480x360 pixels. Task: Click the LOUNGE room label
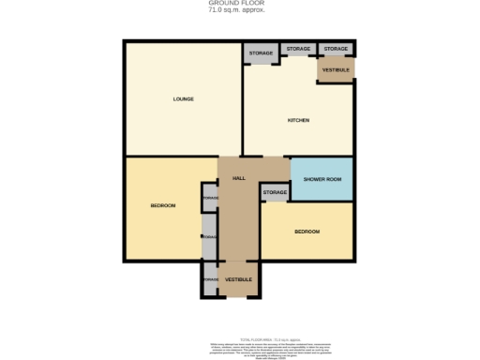pos(183,98)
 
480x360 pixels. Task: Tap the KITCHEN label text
pos(298,121)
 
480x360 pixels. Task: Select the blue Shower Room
pos(322,178)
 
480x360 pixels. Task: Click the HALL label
pos(238,177)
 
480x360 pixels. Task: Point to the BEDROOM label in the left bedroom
pos(163,205)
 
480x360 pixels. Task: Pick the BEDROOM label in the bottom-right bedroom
pos(307,232)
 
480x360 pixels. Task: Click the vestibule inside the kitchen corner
pos(336,70)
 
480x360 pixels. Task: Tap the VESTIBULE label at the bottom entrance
pos(238,279)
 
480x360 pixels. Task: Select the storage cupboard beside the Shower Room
pos(275,192)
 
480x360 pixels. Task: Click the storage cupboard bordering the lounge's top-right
pos(262,53)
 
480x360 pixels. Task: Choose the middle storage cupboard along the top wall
pos(298,49)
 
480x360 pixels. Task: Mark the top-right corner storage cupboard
pos(336,49)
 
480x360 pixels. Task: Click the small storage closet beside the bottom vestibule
pos(209,279)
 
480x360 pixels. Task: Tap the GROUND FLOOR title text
pos(235,4)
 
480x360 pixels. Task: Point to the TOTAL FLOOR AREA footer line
pos(240,340)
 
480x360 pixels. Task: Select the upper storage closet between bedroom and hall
pos(209,198)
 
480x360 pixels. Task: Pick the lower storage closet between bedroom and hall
pos(209,237)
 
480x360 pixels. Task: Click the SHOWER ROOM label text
pos(322,178)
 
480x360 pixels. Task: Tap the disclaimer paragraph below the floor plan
pos(240,348)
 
